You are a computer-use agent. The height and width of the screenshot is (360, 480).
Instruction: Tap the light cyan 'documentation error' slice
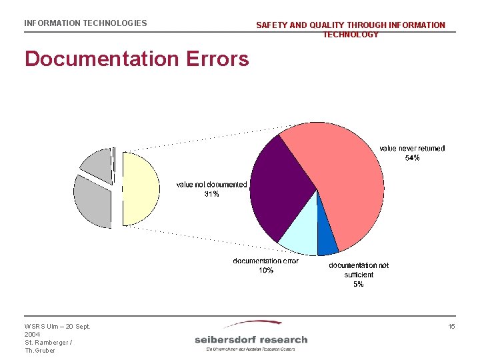pyautogui.click(x=299, y=240)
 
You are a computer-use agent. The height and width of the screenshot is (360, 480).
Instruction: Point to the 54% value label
pyautogui.click(x=412, y=158)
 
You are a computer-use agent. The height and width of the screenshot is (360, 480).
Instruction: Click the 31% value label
pyautogui.click(x=211, y=194)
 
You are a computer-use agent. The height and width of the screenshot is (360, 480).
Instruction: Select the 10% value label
pyautogui.click(x=266, y=270)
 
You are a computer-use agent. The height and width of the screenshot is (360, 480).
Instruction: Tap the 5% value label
pyautogui.click(x=358, y=284)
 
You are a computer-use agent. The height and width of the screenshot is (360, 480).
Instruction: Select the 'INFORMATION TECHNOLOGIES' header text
pyautogui.click(x=85, y=23)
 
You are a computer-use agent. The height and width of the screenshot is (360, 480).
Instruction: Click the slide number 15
pyautogui.click(x=451, y=326)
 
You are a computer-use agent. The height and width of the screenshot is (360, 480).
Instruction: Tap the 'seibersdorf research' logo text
pyautogui.click(x=251, y=339)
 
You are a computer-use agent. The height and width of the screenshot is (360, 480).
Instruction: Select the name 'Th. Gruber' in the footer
pyautogui.click(x=40, y=351)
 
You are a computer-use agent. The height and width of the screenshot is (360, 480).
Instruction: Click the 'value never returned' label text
pyautogui.click(x=412, y=149)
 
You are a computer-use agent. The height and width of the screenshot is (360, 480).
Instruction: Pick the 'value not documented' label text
pyautogui.click(x=211, y=185)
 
